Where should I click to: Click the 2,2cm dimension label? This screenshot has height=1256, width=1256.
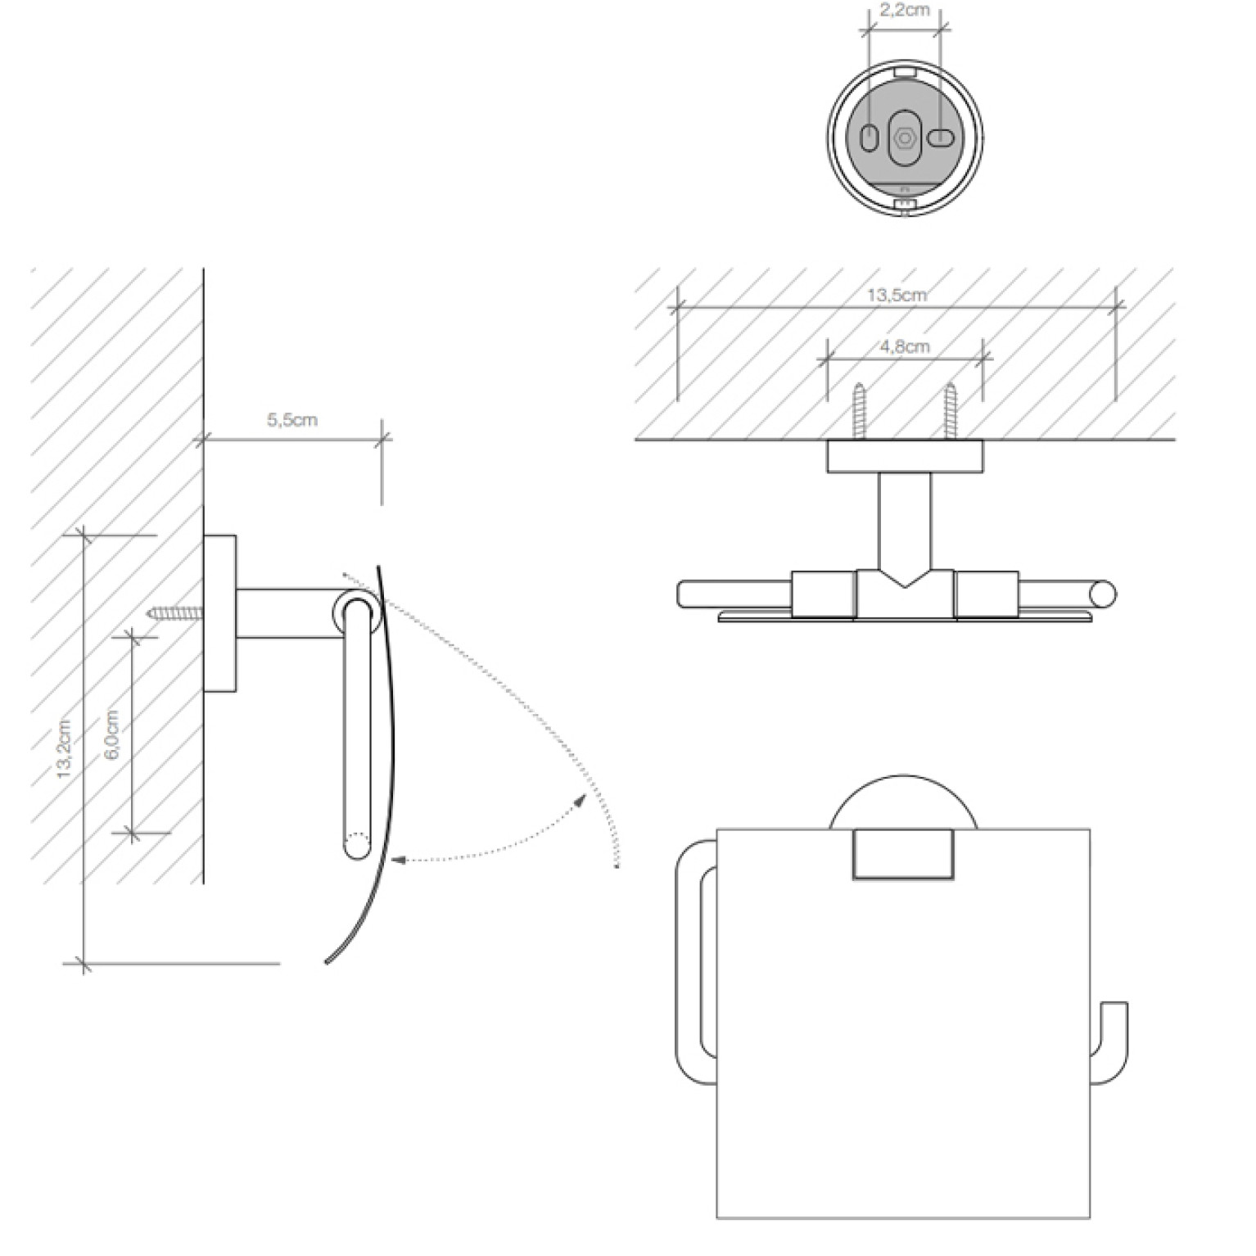(x=905, y=11)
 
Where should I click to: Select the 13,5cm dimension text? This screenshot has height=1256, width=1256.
(x=897, y=295)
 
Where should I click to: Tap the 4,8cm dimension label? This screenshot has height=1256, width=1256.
(x=905, y=346)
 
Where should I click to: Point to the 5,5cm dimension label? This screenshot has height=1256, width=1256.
(x=292, y=420)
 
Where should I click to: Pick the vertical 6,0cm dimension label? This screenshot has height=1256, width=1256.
(x=112, y=734)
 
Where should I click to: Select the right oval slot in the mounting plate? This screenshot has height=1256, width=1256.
(x=941, y=138)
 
